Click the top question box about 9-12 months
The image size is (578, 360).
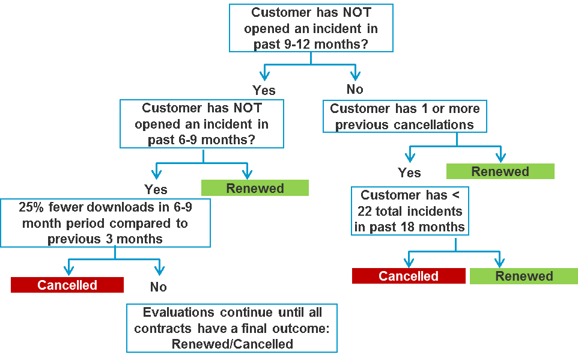pos(311,28)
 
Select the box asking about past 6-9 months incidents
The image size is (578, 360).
pos(202,124)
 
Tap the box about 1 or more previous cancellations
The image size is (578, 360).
pos(405,117)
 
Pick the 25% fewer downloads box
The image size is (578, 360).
pos(105,223)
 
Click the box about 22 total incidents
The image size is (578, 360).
pos(410,211)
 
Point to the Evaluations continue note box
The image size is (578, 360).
pos(231,328)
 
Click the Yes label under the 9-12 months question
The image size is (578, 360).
pos(264,90)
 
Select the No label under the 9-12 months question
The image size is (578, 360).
pos(355,89)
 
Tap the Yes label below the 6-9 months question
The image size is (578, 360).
pos(156,189)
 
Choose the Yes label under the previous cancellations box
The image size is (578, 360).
pos(409,172)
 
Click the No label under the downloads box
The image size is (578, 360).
pos(158,287)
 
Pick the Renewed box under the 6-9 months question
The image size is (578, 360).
pos(255,188)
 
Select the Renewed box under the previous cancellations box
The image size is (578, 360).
pos(500,171)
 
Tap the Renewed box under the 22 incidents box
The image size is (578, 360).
pos(523,276)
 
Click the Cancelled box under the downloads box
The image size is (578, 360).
pos(67,285)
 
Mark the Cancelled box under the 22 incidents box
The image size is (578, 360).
pos(409,276)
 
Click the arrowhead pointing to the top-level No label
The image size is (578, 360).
pos(355,75)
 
